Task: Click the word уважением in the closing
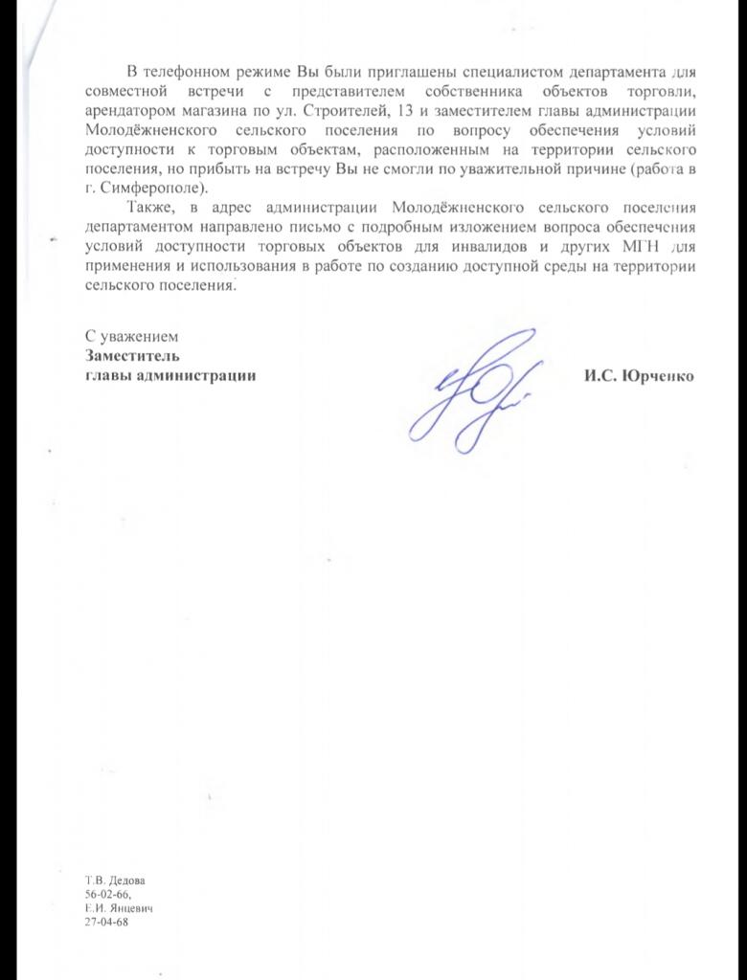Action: pyautogui.click(x=144, y=338)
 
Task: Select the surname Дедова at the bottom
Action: pyautogui.click(x=128, y=879)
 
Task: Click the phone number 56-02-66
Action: pyautogui.click(x=105, y=892)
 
